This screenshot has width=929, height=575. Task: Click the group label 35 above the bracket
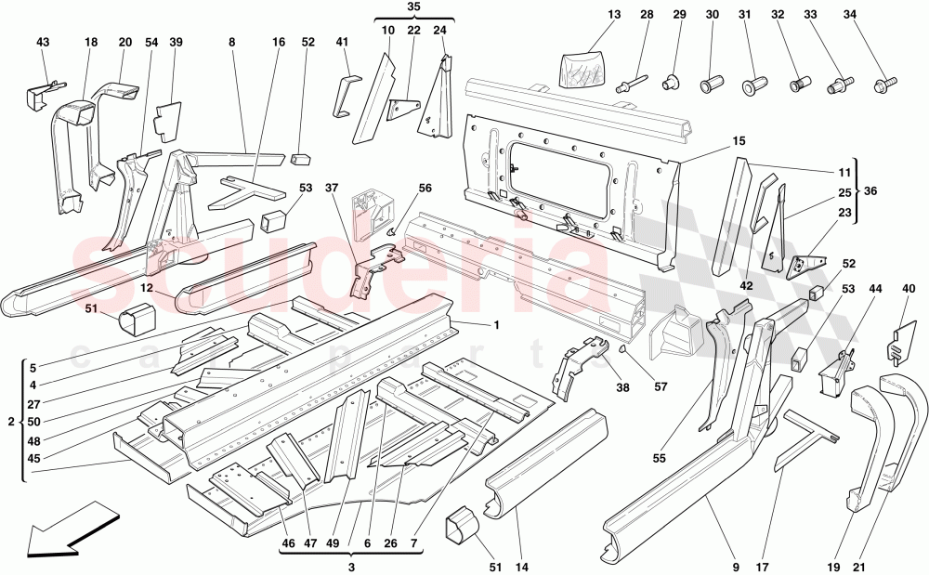(414, 7)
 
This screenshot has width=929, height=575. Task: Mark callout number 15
(739, 141)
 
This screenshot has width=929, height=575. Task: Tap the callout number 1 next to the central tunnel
(496, 324)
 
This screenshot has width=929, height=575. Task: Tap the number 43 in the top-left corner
(43, 43)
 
